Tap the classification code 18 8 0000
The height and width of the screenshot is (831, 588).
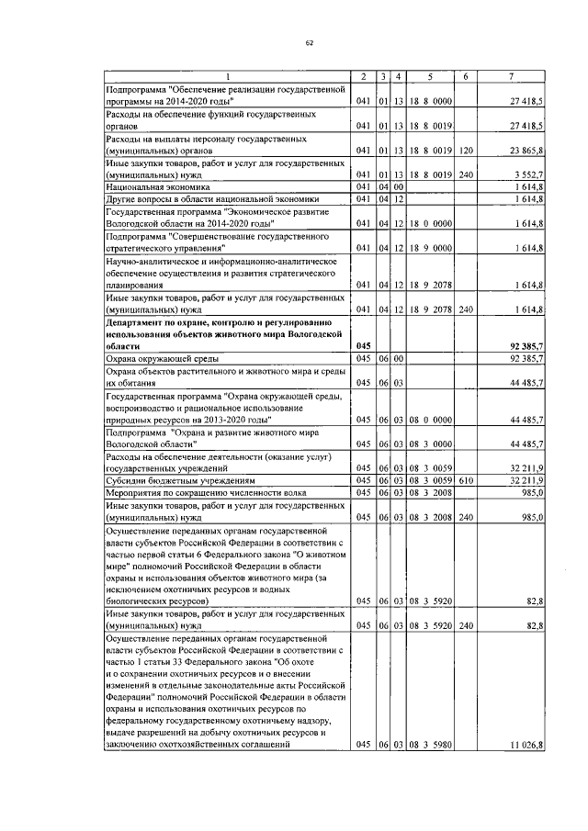pos(429,99)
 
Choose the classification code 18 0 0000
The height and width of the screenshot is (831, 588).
pos(429,223)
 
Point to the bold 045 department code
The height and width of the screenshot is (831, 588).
pos(363,344)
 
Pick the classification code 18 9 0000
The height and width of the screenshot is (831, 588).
pos(429,248)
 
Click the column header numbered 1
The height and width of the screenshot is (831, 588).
pos(228,75)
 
